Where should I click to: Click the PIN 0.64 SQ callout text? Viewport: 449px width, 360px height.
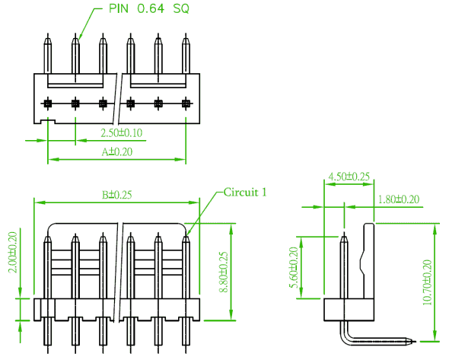click(149, 8)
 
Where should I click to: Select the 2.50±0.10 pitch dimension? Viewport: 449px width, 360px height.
click(122, 133)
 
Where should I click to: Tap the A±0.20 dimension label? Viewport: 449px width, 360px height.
click(117, 151)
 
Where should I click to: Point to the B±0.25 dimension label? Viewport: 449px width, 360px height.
click(117, 195)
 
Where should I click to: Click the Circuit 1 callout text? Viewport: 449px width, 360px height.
click(245, 192)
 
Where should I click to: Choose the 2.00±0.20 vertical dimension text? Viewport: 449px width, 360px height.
click(13, 253)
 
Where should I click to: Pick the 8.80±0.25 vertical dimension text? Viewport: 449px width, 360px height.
click(223, 272)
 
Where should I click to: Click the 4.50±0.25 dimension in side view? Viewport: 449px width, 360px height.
click(349, 177)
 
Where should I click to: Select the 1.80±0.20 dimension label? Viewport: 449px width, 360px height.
click(399, 199)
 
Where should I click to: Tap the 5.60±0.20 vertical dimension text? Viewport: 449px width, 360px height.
click(294, 267)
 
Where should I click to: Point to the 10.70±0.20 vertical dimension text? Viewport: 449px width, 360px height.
click(427, 282)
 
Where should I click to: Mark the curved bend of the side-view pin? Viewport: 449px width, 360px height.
click(345, 338)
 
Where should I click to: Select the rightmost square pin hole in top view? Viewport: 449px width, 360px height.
click(186, 103)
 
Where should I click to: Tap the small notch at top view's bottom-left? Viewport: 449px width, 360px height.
click(48, 122)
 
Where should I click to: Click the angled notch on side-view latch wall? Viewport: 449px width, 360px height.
click(362, 262)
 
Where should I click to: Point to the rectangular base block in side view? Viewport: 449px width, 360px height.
click(349, 310)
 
